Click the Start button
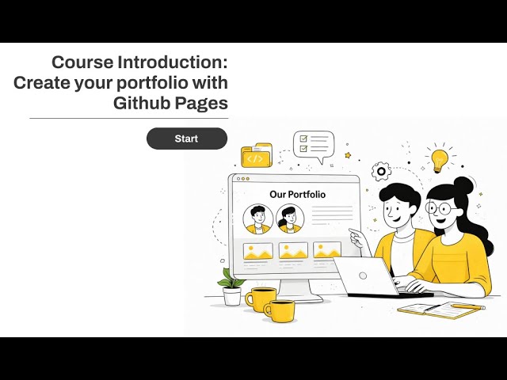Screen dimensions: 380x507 click(186, 139)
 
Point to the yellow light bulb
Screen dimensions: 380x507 click(438, 158)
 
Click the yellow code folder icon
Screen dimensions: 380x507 click(256, 157)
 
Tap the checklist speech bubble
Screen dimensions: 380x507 click(313, 146)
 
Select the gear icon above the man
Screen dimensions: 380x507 click(381, 171)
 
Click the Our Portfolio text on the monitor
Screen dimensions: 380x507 click(297, 194)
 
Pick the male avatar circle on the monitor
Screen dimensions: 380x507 click(258, 218)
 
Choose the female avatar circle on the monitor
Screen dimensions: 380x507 click(290, 218)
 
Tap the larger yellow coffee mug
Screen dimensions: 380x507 click(260, 298)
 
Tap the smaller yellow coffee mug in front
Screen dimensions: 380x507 click(280, 310)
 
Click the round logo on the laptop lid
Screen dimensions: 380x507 click(363, 275)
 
